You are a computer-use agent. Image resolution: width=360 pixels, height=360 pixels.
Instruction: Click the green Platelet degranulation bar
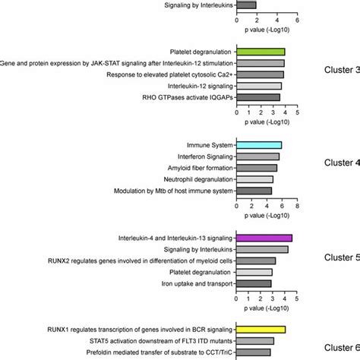tap(261, 52)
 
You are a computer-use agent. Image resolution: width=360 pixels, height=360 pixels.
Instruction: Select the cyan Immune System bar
tap(259, 145)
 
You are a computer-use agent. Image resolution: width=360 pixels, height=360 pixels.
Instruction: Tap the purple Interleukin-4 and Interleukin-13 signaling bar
tap(264, 238)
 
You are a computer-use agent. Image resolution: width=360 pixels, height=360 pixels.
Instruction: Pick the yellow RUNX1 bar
tap(261, 330)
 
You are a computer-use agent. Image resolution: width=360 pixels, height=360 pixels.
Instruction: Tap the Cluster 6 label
tap(342, 347)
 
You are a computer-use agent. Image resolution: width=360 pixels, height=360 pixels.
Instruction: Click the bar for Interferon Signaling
tap(258, 156)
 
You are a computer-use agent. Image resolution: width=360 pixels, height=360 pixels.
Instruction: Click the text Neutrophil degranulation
tap(198, 179)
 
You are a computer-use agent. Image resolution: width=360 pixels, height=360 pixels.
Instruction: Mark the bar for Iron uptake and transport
tap(254, 283)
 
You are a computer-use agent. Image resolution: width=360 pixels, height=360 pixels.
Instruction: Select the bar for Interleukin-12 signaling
tap(259, 86)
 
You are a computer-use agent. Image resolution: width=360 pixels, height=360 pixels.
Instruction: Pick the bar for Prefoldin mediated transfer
tap(254, 352)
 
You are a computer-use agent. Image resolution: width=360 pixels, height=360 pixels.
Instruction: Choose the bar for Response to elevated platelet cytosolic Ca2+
tap(260, 74)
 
